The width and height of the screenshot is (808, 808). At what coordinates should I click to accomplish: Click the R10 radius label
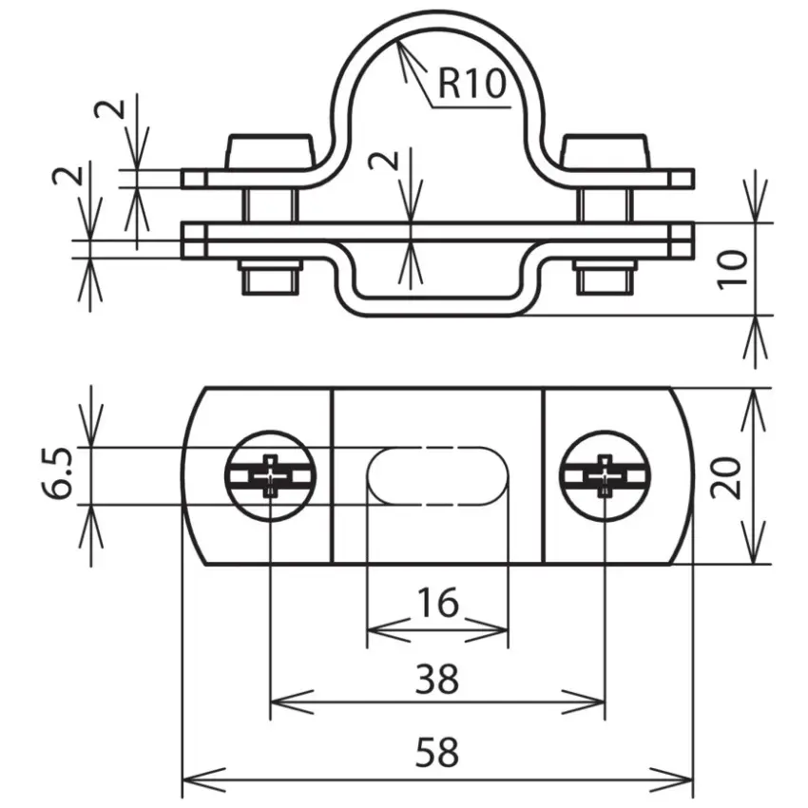coord(471,84)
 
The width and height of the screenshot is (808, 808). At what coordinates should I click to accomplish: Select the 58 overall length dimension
coord(437,753)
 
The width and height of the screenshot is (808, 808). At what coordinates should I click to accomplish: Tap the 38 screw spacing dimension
coord(437,679)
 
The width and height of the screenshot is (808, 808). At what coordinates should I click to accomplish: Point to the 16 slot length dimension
coord(438,603)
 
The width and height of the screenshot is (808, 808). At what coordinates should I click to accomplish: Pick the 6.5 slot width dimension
coord(57,474)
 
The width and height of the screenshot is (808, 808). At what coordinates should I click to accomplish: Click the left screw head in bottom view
coord(271,476)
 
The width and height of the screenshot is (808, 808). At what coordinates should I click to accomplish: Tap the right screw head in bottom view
coord(605,476)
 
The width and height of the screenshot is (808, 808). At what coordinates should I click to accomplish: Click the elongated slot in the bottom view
coord(437,476)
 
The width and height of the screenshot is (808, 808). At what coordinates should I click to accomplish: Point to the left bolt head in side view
coord(269,151)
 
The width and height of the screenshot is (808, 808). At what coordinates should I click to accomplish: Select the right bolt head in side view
coord(605,151)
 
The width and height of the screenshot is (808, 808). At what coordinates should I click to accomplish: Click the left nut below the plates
coord(270,278)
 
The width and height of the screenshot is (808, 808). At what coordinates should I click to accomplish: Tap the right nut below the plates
coord(605,278)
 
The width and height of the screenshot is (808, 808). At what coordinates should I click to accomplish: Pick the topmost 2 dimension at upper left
coord(109,109)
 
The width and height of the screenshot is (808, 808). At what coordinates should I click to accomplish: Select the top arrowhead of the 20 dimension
coord(755,410)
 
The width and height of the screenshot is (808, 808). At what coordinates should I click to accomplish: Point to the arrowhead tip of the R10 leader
coord(396,42)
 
